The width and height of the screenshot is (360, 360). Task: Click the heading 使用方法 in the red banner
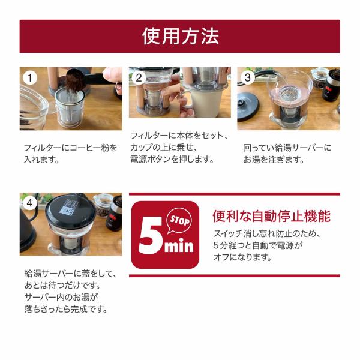click(180, 36)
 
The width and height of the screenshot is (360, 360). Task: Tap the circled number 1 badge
click(30, 78)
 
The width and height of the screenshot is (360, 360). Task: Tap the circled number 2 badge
click(139, 77)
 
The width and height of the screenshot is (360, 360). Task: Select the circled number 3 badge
click(247, 77)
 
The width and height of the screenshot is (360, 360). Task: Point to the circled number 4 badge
click(29, 203)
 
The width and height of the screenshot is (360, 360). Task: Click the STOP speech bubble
click(179, 221)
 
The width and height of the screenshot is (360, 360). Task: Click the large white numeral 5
click(151, 235)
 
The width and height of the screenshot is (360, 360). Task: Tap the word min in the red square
click(179, 245)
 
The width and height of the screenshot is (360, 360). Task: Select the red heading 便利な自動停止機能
click(272, 216)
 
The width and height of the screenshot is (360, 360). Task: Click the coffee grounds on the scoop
click(74, 81)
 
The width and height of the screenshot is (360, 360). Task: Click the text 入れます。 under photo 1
click(41, 160)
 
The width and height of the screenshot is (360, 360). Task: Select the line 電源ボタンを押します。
click(172, 159)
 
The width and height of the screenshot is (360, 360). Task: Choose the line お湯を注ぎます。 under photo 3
click(274, 160)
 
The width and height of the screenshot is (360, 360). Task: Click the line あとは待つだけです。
click(62, 286)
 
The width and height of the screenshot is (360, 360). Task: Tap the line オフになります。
click(242, 257)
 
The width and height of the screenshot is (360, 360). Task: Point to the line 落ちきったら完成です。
click(66, 309)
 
